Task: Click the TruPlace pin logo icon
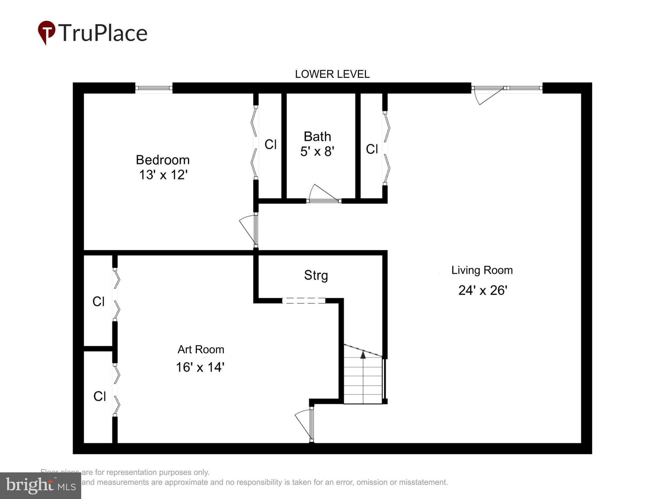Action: tap(46, 32)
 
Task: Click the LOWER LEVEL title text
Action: tap(332, 74)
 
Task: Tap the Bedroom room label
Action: tap(162, 160)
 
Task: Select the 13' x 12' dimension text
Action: tap(163, 175)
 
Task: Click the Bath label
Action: tap(317, 136)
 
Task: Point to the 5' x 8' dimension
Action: tap(317, 151)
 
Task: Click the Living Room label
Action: tap(482, 270)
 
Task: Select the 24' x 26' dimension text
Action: tap(483, 290)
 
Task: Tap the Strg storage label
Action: tap(316, 275)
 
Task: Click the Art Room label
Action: tap(201, 349)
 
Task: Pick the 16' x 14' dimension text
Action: tap(200, 367)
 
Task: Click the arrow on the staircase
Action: tap(363, 355)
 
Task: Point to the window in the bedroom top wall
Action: tap(154, 88)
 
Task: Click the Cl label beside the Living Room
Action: tap(372, 149)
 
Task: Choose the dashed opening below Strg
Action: tap(304, 301)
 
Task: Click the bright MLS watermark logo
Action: tap(40, 486)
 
